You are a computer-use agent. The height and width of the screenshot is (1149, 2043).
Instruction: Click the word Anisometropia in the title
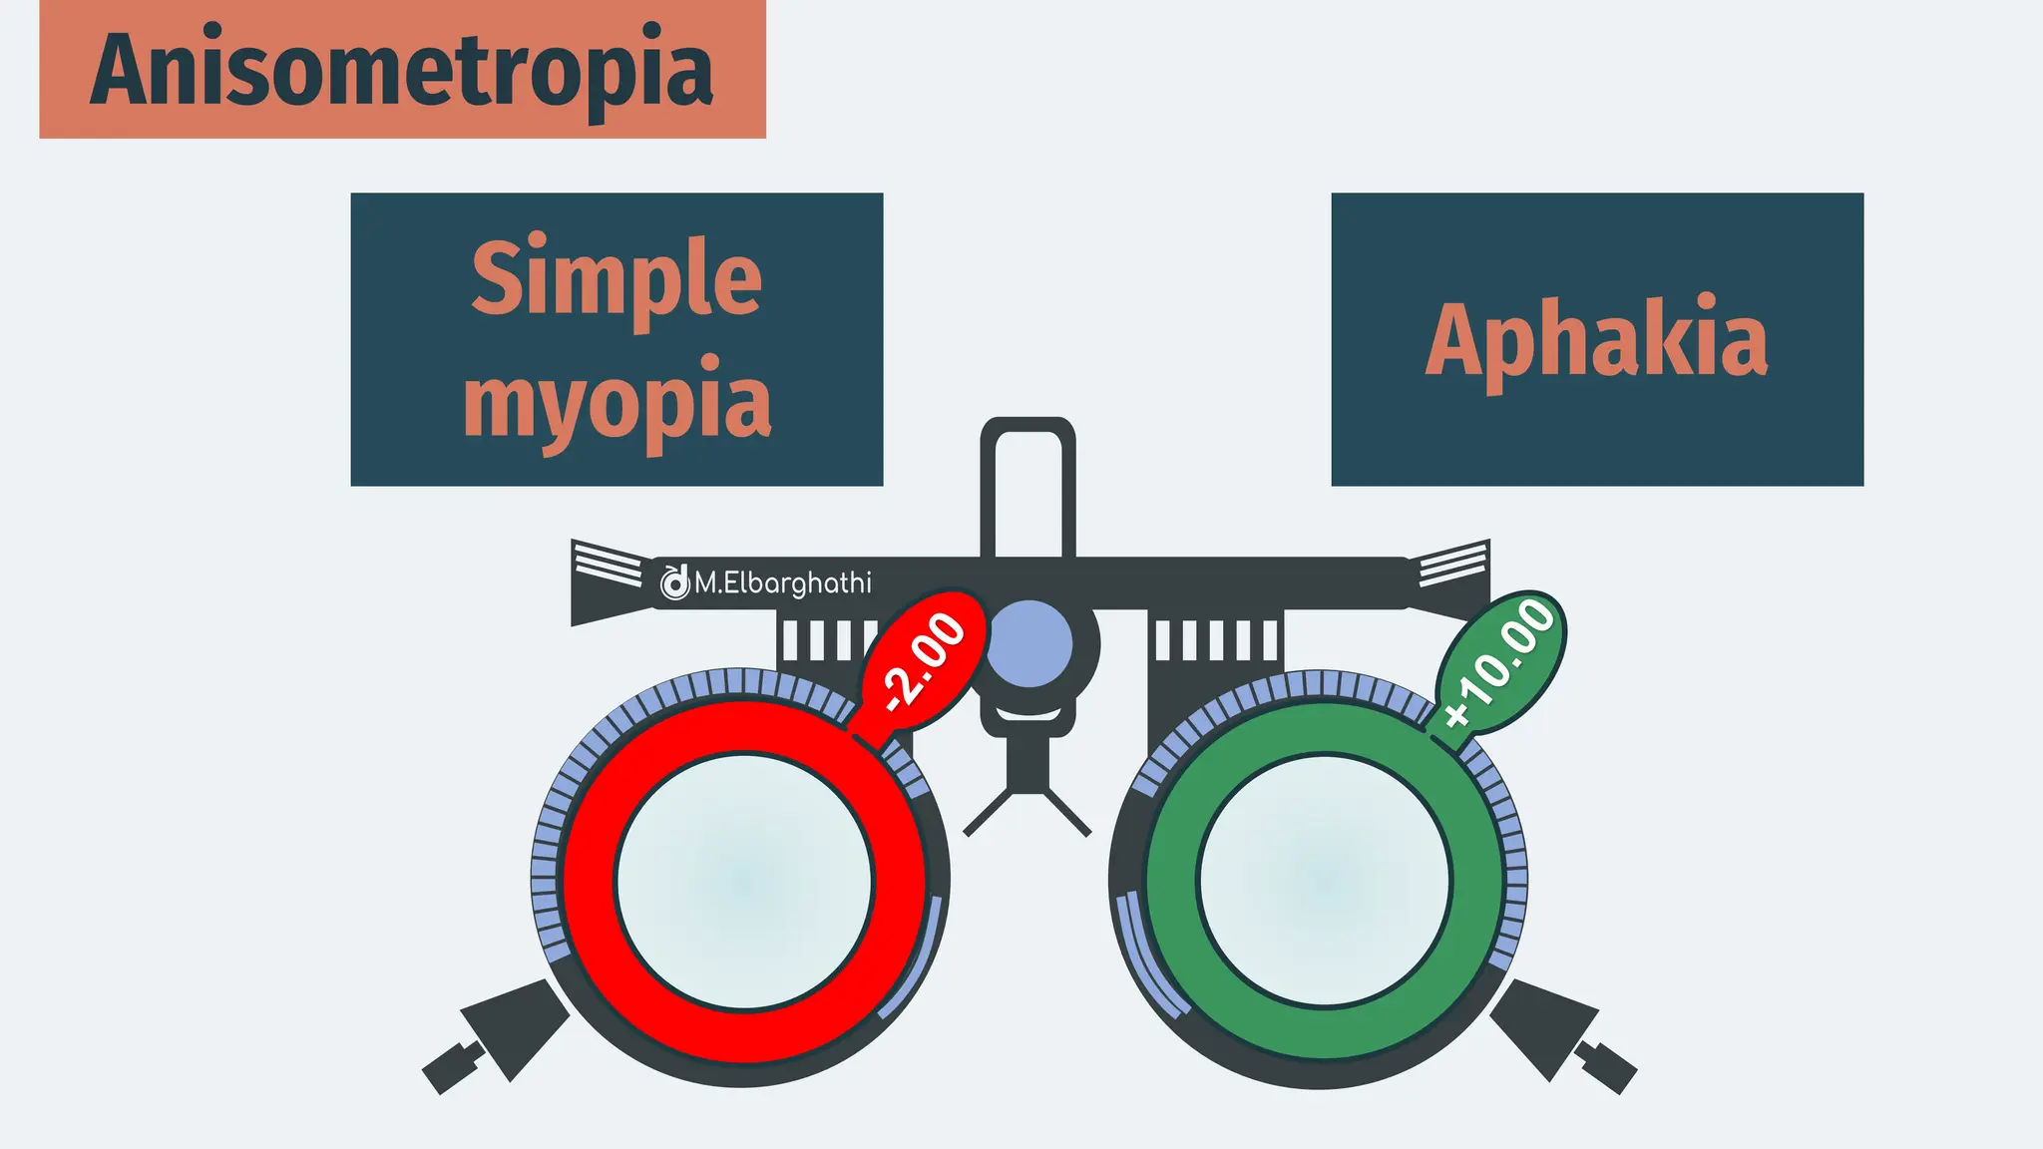402,70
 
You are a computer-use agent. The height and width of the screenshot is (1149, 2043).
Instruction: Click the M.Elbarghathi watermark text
782,582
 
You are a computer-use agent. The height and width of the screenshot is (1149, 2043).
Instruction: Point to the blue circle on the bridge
1028,643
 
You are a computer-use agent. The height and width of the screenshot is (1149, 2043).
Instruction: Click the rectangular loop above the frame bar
1027,489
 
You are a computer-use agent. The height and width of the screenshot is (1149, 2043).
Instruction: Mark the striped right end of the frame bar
1452,565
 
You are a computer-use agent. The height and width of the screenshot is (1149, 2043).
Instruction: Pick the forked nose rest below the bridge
1026,798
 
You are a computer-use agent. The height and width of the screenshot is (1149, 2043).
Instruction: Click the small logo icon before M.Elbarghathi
674,582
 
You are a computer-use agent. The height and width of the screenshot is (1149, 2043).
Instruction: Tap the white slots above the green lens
1216,640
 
